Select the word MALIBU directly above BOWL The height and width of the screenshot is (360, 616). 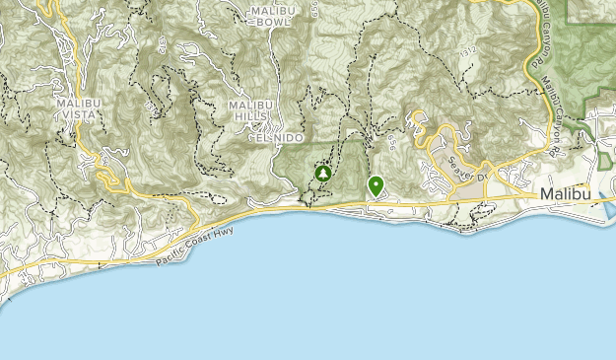point(273,11)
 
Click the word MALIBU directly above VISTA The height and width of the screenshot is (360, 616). point(75,101)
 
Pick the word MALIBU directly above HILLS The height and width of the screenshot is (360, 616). point(249,106)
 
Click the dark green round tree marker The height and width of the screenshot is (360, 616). point(322,174)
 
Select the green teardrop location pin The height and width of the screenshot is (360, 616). point(376,184)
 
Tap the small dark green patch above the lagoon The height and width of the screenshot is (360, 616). point(603,161)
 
